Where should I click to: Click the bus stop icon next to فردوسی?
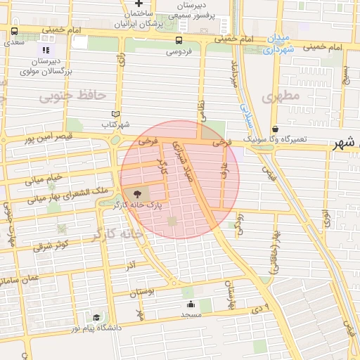click(179, 40)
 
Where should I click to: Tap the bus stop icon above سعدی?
click(15, 32)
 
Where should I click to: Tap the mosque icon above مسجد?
click(191, 304)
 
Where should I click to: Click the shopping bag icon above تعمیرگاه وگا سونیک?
click(275, 129)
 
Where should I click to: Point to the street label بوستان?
click(141, 290)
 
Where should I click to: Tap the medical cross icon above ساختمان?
click(139, 4)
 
